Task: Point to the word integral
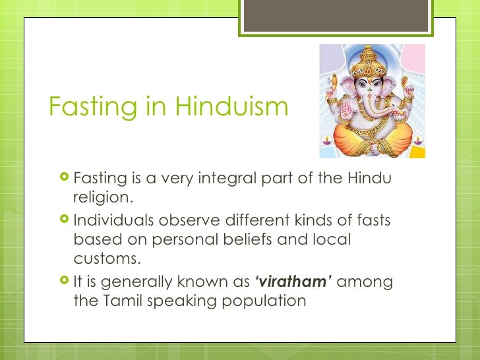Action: click(242, 179)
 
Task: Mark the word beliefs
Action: click(240, 239)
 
